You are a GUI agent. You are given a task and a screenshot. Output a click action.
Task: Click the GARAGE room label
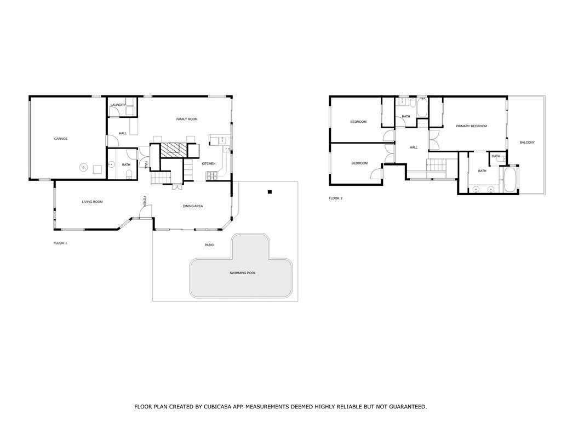click(60, 139)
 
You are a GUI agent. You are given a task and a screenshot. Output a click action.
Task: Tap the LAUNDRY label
click(118, 105)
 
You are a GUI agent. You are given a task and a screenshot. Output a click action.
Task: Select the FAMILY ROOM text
click(187, 119)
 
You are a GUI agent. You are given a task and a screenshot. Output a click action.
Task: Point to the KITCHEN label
click(209, 163)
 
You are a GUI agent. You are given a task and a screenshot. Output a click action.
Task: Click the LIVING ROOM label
click(92, 202)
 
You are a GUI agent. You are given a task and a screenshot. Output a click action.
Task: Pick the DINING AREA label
click(193, 206)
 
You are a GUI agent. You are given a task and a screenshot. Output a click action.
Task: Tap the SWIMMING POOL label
click(243, 273)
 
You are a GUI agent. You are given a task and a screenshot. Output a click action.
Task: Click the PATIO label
click(209, 245)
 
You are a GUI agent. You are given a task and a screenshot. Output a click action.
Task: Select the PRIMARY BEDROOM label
click(471, 127)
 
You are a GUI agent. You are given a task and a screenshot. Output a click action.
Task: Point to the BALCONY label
click(527, 143)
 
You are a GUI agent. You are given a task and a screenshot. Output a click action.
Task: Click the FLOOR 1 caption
click(60, 243)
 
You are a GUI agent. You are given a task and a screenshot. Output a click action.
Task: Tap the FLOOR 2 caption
click(336, 198)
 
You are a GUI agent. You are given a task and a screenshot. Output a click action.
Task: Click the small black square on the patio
click(270, 192)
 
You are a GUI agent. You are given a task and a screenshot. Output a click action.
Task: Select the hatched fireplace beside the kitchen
click(174, 150)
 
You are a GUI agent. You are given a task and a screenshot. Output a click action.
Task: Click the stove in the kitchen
click(211, 175)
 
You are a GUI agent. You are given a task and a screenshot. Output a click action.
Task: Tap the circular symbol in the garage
click(83, 167)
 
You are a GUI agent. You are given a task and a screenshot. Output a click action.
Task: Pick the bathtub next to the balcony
click(510, 180)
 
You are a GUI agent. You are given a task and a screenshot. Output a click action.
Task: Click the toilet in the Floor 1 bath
click(129, 174)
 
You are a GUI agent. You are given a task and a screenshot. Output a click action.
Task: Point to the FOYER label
click(145, 201)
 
